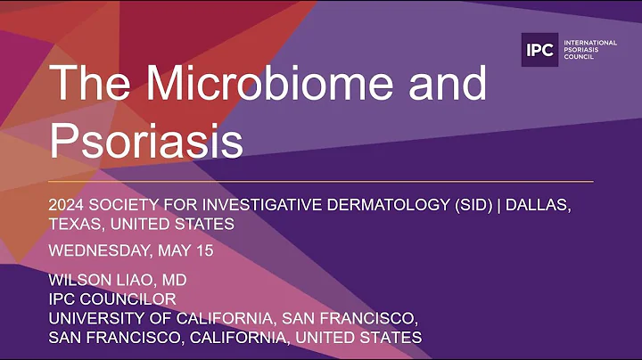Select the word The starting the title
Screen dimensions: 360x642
pos(86,85)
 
